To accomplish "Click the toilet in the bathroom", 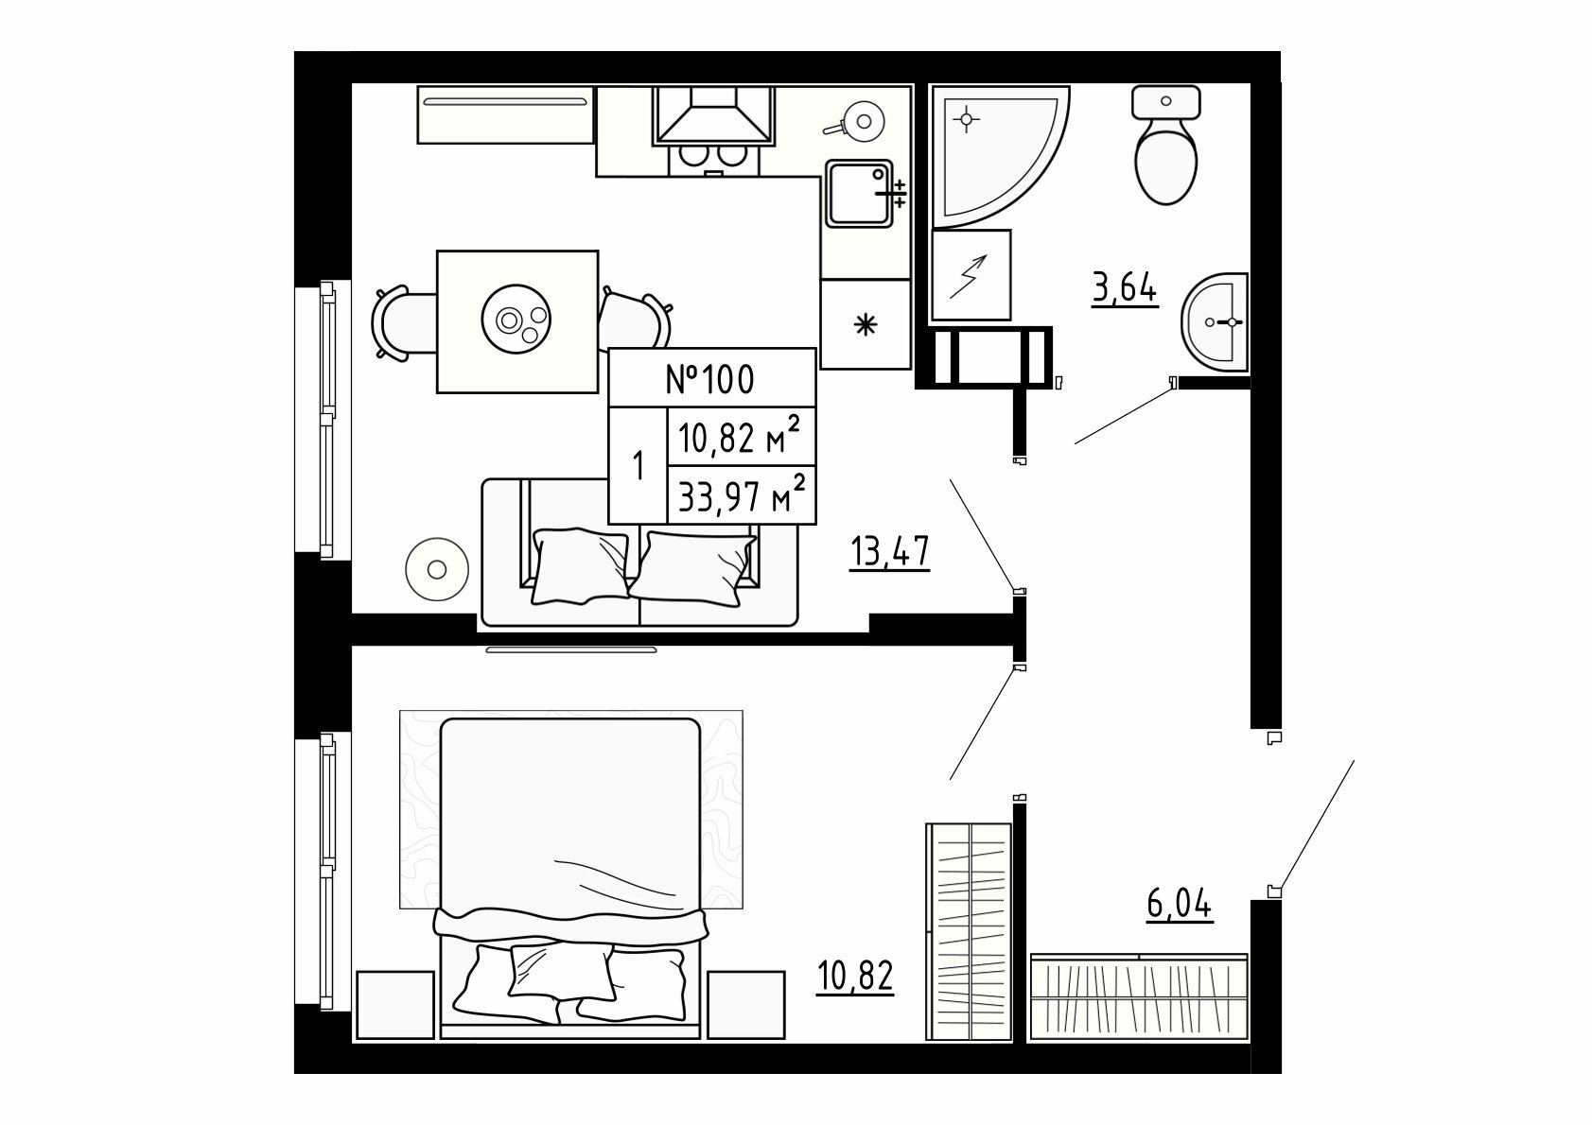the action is click(1166, 146).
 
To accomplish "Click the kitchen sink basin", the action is click(859, 193).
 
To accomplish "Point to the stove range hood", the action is click(713, 115).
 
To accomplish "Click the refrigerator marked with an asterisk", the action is click(866, 324).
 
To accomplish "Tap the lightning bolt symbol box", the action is click(971, 275).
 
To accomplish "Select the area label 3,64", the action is click(1125, 289).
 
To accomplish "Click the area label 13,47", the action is click(890, 552).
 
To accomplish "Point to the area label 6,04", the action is click(1180, 905).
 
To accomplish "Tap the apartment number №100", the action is click(710, 380).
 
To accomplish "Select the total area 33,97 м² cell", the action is click(742, 494).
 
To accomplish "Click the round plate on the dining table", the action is click(516, 319).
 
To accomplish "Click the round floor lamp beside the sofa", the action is click(437, 569).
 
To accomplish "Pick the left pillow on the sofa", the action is click(580, 567).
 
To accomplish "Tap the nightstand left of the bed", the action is click(395, 1005).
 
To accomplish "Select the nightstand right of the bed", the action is click(746, 1005).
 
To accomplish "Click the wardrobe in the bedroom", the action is click(969, 931).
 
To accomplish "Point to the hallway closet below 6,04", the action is click(1139, 997).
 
